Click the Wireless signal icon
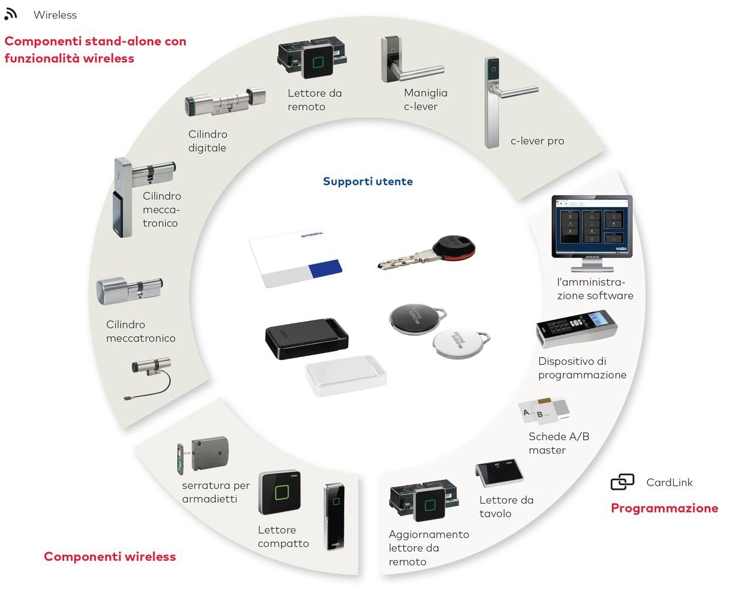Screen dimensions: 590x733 (10, 14)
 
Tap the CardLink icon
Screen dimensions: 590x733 (622, 483)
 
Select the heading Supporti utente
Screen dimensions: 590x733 (367, 181)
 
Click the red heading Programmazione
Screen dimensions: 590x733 (664, 508)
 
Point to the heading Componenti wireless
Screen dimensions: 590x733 (110, 556)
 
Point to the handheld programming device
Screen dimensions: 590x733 (576, 328)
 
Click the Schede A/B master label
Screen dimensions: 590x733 (559, 444)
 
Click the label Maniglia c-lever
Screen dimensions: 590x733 (425, 100)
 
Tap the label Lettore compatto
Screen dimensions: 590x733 (283, 537)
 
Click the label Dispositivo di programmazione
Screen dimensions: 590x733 (582, 368)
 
